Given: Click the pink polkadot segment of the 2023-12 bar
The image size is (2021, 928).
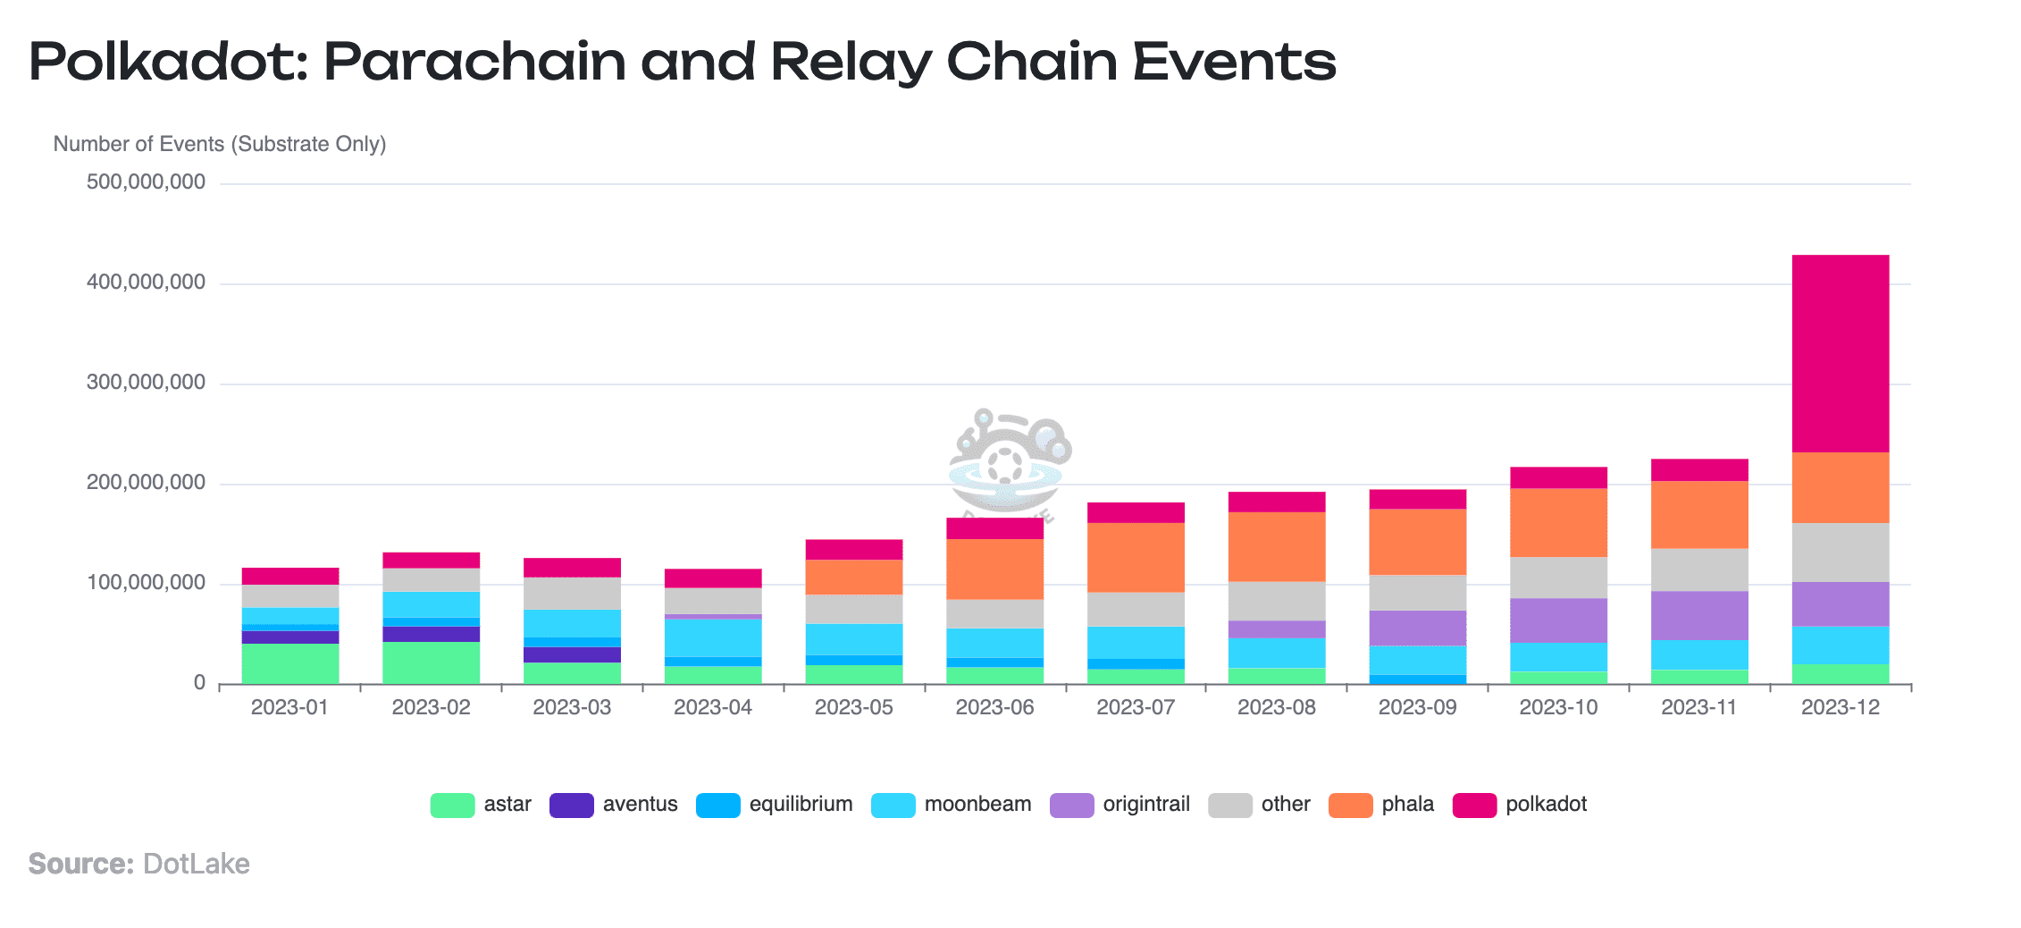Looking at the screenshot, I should point(1840,353).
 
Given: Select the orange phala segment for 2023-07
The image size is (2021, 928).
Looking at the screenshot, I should point(1136,557).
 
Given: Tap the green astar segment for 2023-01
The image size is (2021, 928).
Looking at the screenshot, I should point(290,663).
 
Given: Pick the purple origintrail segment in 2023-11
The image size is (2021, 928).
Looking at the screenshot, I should point(1699,615).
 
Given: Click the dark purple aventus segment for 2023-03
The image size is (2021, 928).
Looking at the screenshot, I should point(572,654).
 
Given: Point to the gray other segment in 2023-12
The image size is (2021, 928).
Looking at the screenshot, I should point(1840,553).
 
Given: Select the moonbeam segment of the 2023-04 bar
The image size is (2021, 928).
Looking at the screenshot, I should point(713,638).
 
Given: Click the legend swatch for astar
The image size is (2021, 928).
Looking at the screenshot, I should point(452,805).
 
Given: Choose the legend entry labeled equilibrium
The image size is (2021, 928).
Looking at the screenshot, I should point(801,805).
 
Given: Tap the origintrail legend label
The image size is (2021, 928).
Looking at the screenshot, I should point(1146,805).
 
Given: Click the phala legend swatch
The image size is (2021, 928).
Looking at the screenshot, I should point(1350,805).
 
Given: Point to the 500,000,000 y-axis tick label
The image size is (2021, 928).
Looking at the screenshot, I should point(146,182).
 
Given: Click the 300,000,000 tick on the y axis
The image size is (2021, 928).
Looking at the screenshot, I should point(146,383).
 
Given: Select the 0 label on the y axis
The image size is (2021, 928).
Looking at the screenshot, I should point(199,683).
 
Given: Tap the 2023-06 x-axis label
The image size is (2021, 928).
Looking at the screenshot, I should point(994,707).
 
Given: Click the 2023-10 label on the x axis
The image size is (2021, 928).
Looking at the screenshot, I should point(1558,707).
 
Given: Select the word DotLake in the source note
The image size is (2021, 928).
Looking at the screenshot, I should point(196,864).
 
